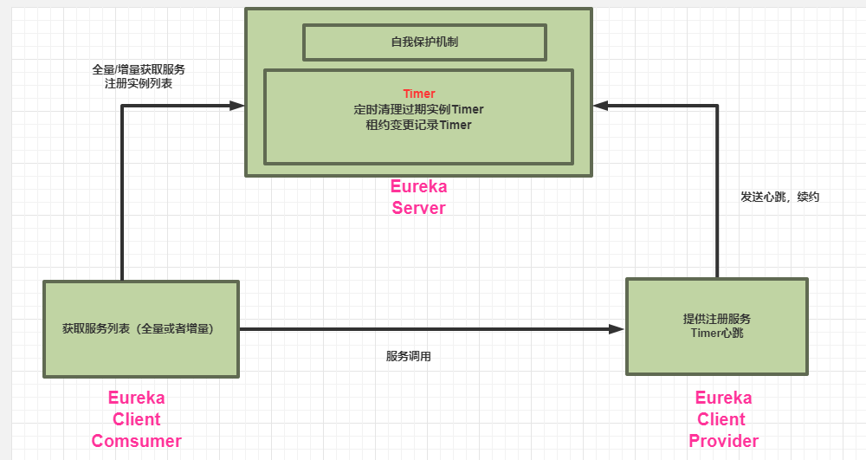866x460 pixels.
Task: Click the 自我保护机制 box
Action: click(424, 42)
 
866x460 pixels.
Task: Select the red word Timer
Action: click(419, 94)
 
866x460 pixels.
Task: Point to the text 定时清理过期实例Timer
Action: click(419, 109)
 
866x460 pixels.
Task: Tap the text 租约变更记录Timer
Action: click(419, 125)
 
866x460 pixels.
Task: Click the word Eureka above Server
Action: click(419, 186)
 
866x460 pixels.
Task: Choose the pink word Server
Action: click(419, 208)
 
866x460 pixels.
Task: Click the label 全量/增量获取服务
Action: click(139, 69)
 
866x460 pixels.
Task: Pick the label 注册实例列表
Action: click(139, 84)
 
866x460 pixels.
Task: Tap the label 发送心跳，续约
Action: click(779, 197)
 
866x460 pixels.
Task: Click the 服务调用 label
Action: click(409, 356)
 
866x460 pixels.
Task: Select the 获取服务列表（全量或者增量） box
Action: click(141, 329)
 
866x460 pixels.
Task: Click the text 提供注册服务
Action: click(717, 319)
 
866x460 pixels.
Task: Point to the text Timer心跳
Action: click(717, 334)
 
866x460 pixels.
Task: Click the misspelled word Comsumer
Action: click(137, 441)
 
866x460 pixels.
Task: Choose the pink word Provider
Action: click(724, 441)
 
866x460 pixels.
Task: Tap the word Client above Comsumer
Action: click(137, 419)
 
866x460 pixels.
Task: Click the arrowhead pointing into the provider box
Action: click(617, 329)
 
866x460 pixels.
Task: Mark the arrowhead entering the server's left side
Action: click(237, 106)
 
